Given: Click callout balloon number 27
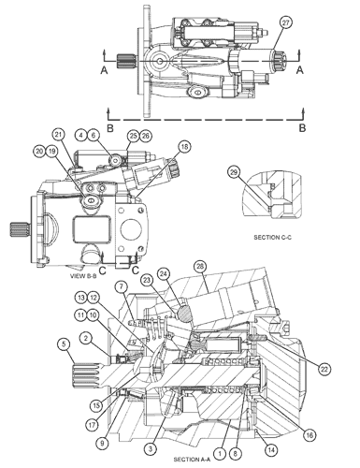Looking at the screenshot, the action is [x=285, y=23].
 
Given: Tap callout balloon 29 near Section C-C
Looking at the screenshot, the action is [x=234, y=172].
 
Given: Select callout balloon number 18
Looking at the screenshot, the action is [x=184, y=147].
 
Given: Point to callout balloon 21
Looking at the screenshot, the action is [x=58, y=135].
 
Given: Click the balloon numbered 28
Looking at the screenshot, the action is [x=200, y=267].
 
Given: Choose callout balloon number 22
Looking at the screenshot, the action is [x=324, y=369].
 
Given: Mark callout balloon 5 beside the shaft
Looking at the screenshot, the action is [x=64, y=344].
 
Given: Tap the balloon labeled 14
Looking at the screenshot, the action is [x=270, y=450].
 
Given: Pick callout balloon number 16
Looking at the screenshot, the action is [x=310, y=435].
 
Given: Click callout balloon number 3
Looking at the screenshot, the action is [x=151, y=449].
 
